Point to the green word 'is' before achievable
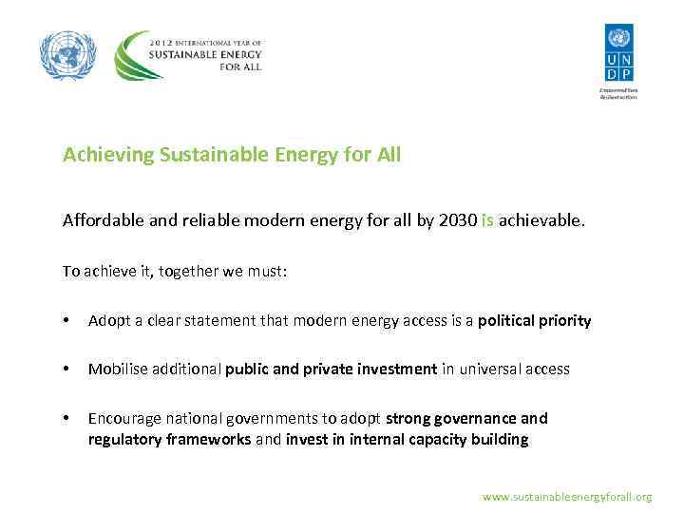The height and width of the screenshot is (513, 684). coord(487,221)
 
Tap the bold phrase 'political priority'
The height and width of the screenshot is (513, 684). coord(534,321)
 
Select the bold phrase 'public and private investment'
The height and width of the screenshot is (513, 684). coord(331,370)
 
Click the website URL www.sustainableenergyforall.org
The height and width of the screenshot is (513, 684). coord(567,497)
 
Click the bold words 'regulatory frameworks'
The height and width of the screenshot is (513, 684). coord(170,439)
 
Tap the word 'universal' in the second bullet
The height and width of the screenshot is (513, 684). coord(488,370)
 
